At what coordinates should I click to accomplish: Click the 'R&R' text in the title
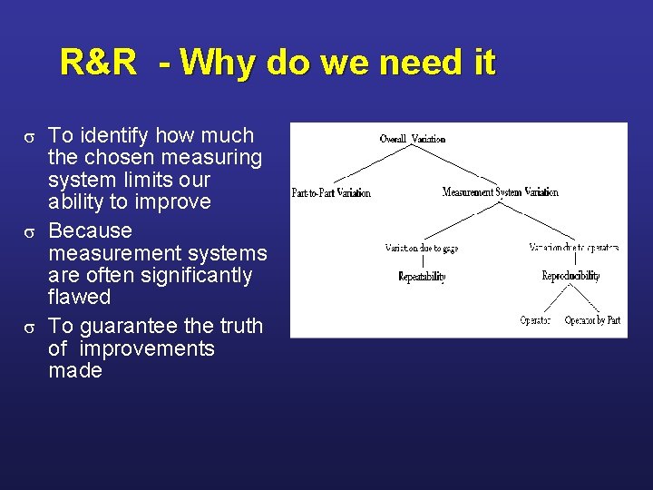click(x=99, y=64)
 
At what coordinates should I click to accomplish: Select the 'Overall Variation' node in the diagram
click(x=413, y=139)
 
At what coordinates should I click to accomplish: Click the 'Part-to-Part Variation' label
click(x=331, y=192)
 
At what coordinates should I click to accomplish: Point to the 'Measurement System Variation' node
click(x=500, y=192)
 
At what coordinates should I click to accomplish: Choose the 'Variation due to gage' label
click(x=414, y=248)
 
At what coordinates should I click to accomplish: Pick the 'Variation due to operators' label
click(x=573, y=248)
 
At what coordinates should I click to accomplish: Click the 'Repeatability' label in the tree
click(x=422, y=277)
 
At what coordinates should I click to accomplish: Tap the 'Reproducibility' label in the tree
click(x=570, y=276)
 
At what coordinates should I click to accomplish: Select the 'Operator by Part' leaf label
click(x=592, y=320)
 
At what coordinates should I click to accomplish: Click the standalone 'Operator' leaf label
click(x=535, y=320)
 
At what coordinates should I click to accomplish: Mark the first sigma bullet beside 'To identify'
click(x=29, y=137)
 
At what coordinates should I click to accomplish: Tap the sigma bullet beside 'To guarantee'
click(x=29, y=327)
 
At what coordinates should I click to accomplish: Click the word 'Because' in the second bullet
click(x=90, y=230)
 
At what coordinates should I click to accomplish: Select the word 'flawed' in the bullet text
click(x=79, y=297)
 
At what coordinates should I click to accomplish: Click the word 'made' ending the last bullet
click(x=75, y=370)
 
